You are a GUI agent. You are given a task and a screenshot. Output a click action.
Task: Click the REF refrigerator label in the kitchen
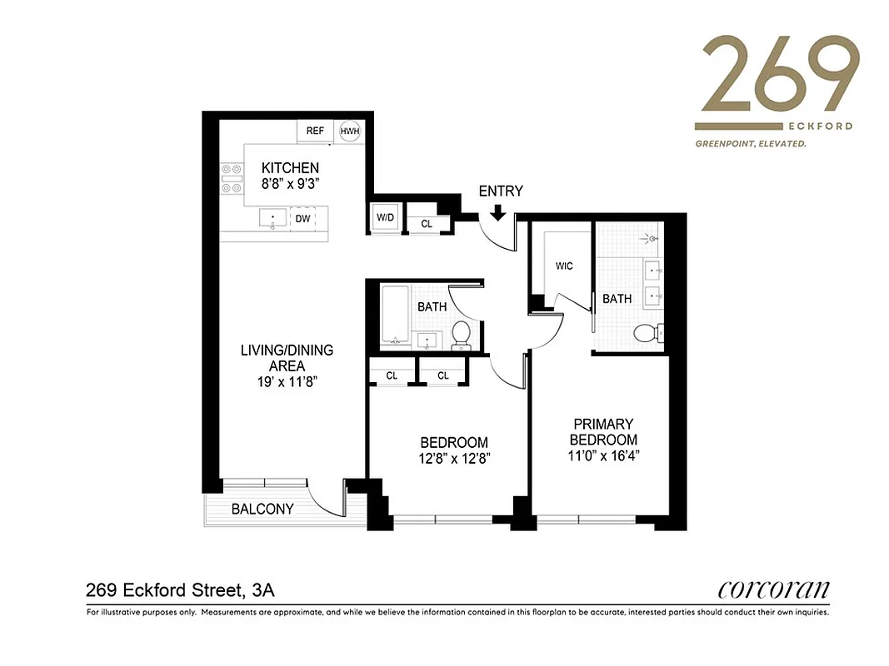tap(315, 131)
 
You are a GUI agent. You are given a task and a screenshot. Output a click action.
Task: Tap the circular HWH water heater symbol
tap(348, 132)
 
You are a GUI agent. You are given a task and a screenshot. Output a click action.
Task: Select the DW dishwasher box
tap(302, 218)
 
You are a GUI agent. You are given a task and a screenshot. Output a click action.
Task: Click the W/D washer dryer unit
tap(386, 218)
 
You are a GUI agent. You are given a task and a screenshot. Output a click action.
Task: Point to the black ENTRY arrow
tap(497, 212)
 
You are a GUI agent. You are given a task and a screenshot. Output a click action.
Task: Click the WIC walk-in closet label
tap(564, 266)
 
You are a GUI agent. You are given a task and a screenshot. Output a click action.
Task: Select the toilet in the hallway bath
tap(461, 334)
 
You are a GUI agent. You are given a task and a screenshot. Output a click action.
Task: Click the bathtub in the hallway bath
tap(394, 316)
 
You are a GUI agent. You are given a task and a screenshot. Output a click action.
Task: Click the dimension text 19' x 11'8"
tap(287, 382)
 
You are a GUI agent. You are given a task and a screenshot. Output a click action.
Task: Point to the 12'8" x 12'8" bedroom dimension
tap(453, 459)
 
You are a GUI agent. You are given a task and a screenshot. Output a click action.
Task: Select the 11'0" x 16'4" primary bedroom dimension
tap(602, 456)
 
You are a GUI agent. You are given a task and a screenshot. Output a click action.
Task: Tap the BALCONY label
tap(262, 509)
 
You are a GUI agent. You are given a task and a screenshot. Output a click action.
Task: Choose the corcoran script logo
tap(773, 590)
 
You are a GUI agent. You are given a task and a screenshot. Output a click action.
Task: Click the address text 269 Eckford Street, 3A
tap(180, 591)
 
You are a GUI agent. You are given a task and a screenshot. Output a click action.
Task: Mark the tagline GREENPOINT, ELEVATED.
tap(751, 144)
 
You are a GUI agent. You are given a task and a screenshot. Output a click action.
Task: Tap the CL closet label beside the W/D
tap(427, 224)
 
